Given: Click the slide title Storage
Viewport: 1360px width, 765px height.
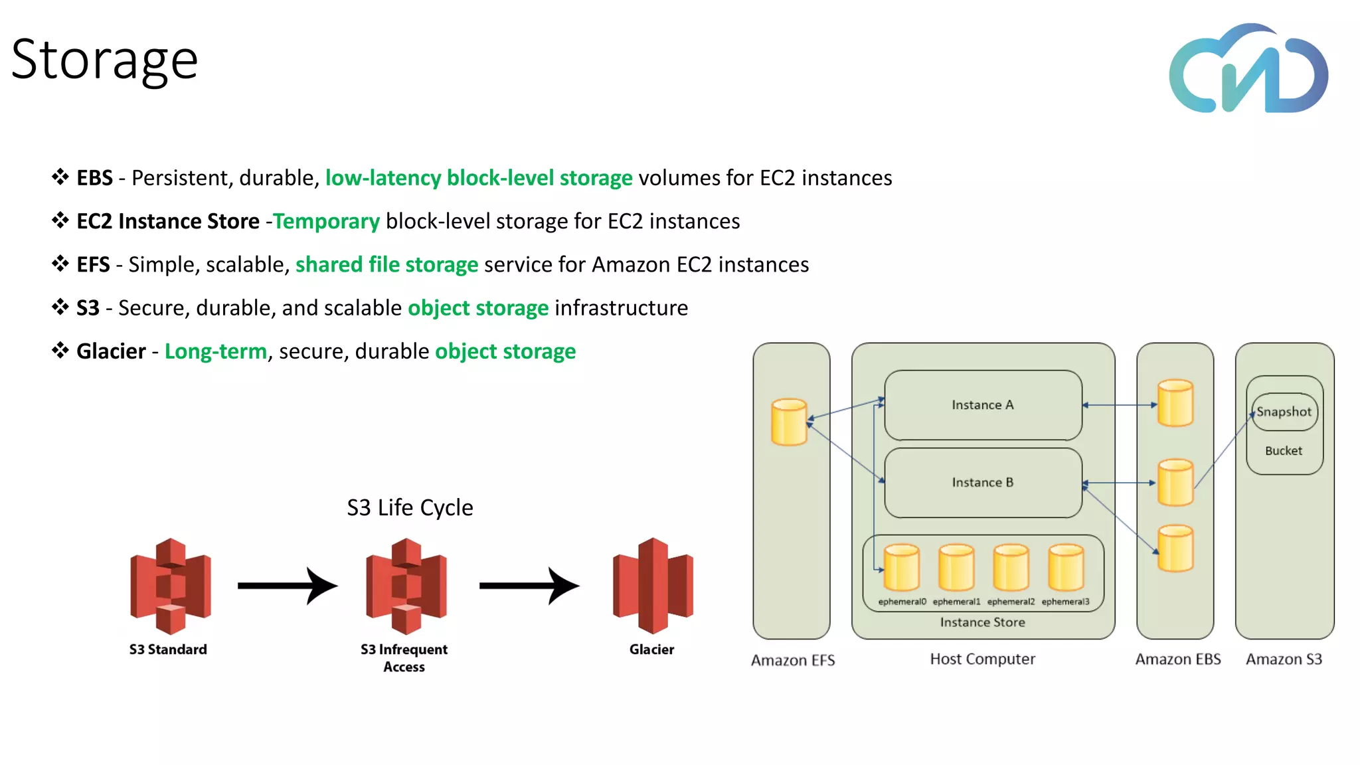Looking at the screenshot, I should [105, 60].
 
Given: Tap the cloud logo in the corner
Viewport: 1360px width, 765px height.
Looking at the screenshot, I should [1248, 70].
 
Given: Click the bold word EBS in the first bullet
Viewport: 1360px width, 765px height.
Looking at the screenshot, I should [94, 178].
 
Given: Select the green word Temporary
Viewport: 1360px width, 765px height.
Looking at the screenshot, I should [326, 221].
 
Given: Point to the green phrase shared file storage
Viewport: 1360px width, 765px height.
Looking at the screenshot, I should [386, 264].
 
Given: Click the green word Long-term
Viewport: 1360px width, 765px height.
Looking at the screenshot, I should [216, 351].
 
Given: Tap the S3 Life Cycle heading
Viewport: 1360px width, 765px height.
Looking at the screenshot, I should [410, 508].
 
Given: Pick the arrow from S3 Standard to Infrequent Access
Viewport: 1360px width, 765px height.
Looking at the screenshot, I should [288, 586].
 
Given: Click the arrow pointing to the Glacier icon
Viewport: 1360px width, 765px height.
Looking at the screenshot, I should [529, 586].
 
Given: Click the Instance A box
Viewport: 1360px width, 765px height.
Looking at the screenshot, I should [983, 405].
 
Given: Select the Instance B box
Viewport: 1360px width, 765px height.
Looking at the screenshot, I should [983, 483].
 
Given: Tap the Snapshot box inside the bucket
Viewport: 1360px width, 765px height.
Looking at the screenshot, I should [1284, 412].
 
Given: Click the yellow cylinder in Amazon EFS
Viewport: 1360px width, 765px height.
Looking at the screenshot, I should [789, 422].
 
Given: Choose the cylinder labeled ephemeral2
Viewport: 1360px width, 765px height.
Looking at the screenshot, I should [1011, 568].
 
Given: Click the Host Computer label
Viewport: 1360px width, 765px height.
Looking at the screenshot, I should [982, 659].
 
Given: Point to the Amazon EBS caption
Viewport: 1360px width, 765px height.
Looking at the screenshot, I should [1177, 659].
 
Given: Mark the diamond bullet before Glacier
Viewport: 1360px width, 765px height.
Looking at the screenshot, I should [60, 350].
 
